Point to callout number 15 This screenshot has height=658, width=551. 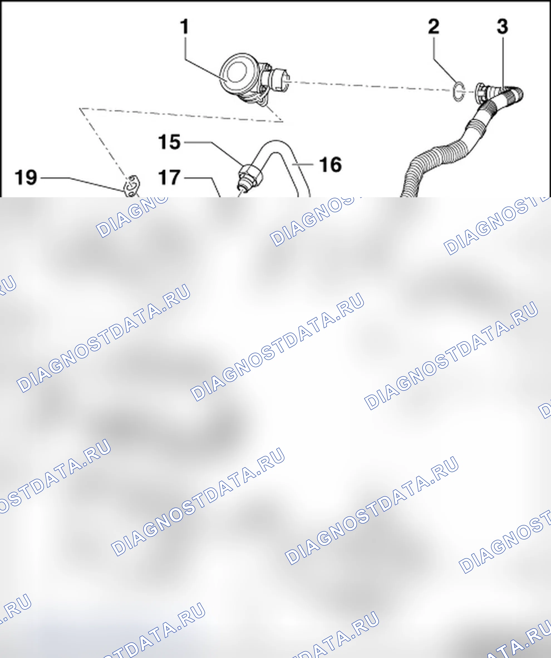pyautogui.click(x=169, y=142)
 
